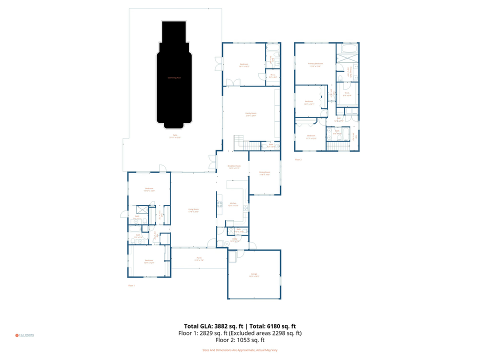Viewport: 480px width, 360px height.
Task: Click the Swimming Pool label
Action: (x=174, y=77)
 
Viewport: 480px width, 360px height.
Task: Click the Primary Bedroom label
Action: (x=315, y=64)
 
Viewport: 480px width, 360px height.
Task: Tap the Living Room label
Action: (x=193, y=210)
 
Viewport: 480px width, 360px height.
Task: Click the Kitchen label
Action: (x=232, y=203)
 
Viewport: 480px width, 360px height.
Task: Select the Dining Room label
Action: (x=264, y=173)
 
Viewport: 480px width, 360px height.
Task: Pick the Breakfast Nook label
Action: (x=234, y=166)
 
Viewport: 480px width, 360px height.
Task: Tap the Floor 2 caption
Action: (x=298, y=159)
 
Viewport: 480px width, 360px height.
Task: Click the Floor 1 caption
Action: (x=131, y=285)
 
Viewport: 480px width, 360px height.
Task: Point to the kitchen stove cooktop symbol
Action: (x=219, y=204)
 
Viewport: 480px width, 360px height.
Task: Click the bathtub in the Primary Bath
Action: (x=348, y=49)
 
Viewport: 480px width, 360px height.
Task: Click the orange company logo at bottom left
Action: (x=16, y=335)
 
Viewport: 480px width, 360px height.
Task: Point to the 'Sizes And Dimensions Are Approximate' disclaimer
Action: (x=239, y=350)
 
